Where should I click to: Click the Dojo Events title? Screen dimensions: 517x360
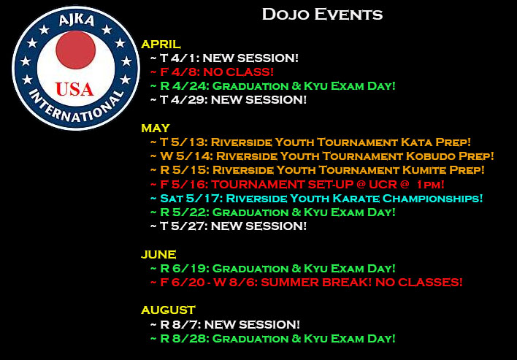coord(322,15)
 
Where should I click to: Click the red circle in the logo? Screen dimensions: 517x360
coord(75,50)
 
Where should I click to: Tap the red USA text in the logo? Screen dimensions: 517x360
coord(74,89)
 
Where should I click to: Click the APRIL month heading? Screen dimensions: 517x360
coord(161,44)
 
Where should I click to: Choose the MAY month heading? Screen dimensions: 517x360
coord(156,128)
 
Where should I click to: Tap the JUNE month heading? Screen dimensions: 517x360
coord(158,255)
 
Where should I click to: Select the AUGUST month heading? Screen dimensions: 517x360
coord(168,310)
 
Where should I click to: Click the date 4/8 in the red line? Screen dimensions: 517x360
coord(184,72)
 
